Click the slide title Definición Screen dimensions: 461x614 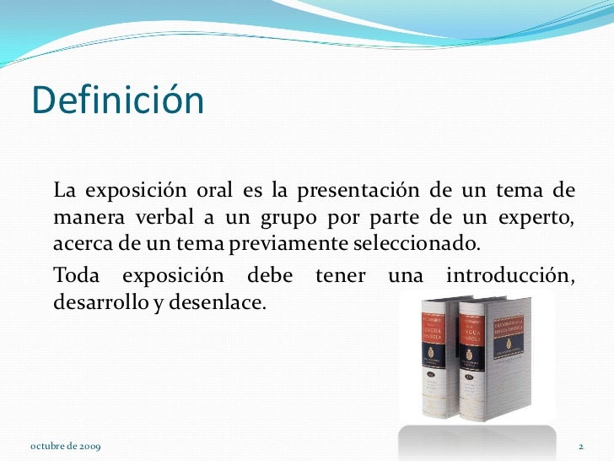[118, 100]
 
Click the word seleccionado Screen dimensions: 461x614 [407, 245]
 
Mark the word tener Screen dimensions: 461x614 [342, 275]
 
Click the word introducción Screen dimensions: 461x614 [510, 275]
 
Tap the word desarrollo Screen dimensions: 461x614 [94, 303]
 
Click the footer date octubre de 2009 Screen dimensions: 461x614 [65, 446]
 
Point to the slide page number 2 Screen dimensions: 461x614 [581, 446]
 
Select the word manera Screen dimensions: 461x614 [83, 218]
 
